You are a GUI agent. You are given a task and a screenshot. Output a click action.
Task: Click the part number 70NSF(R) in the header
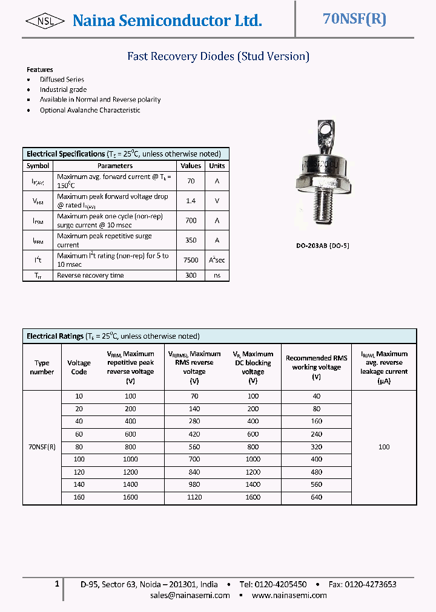click(354, 19)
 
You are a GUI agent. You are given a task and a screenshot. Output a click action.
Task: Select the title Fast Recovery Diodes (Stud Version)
click(218, 56)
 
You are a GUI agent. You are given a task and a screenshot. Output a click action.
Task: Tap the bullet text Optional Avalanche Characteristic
click(90, 110)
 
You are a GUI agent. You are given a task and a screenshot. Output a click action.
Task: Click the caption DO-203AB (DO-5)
click(323, 246)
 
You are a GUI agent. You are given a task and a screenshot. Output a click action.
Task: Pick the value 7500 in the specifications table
click(191, 260)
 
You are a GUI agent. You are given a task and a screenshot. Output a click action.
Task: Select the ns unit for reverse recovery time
click(217, 275)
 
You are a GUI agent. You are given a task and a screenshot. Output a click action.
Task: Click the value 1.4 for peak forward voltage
click(191, 200)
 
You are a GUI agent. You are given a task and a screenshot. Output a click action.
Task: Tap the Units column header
click(217, 166)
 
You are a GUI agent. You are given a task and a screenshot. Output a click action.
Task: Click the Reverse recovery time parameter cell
click(90, 275)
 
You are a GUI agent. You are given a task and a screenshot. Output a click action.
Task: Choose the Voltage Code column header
click(79, 367)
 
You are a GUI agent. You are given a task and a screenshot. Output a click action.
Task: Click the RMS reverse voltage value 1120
click(194, 497)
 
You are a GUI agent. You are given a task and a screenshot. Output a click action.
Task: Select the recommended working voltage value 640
click(316, 497)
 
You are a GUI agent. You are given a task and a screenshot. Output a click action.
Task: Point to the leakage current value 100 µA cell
click(384, 447)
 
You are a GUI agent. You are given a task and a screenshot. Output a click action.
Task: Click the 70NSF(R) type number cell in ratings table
click(42, 447)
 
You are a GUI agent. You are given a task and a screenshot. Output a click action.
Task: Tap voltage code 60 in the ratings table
click(79, 434)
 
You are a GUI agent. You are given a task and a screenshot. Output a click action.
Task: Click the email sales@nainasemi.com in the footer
click(190, 595)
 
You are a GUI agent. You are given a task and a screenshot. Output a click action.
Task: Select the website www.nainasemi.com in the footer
click(290, 595)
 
